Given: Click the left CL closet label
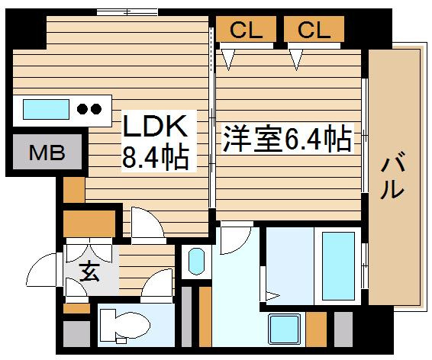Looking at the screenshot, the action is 246,30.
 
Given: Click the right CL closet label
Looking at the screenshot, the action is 314,30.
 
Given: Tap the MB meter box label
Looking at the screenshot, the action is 47,153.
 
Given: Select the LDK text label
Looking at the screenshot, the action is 155,126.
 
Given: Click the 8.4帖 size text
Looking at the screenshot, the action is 156,158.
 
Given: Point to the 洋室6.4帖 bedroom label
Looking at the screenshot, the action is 288,139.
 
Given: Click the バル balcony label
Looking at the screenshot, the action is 392,175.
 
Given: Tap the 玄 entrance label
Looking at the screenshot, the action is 89,272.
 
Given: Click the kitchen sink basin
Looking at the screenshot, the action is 46,109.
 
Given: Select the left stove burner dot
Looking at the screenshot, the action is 82,109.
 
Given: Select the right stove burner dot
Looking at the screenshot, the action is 96,109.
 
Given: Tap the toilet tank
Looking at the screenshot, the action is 108,325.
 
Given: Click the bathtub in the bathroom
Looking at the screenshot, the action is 338,266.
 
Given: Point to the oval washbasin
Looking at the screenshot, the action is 196,261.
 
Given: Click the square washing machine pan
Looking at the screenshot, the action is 285,329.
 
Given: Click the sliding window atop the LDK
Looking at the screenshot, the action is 127,12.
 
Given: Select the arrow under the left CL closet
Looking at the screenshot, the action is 228,59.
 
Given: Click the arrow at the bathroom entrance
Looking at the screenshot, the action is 272,296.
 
